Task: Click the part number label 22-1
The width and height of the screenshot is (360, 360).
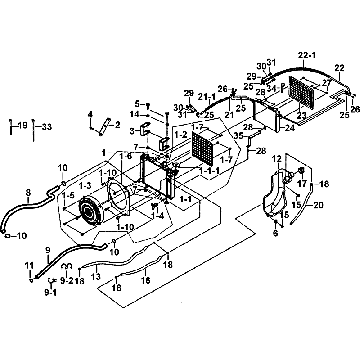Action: click(x=307, y=55)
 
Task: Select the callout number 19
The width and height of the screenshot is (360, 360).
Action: click(x=21, y=126)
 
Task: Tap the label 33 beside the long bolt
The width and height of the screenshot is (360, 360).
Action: click(x=46, y=127)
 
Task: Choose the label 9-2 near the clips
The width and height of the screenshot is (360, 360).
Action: click(x=67, y=280)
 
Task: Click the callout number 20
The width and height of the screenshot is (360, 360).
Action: click(x=318, y=205)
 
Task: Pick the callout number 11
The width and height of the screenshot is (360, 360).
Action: click(x=29, y=265)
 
